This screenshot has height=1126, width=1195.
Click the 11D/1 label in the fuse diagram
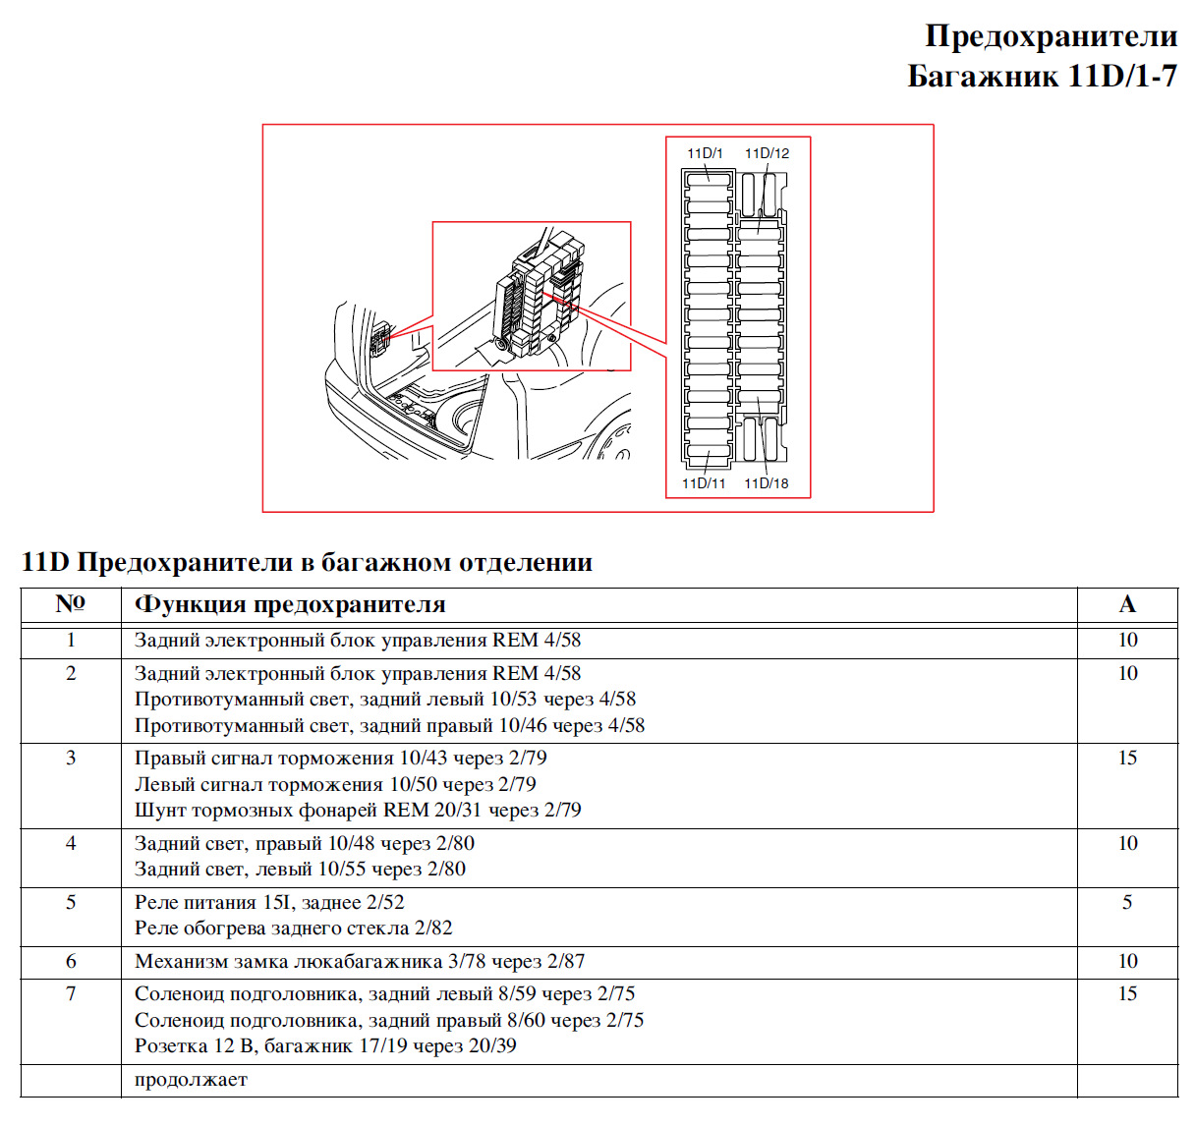[705, 153]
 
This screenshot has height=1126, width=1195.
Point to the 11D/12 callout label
[767, 153]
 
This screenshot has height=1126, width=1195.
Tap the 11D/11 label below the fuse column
[704, 483]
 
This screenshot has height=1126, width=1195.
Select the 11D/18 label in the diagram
[766, 483]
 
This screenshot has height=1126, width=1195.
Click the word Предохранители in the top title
[1051, 36]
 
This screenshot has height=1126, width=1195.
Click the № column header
[70, 603]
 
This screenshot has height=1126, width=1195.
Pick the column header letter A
[1127, 604]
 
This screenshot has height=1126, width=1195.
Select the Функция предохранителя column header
[290, 604]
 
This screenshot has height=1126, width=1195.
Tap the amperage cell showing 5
[1127, 902]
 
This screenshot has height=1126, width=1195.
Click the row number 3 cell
[71, 758]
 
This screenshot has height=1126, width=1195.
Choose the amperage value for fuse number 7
[1127, 993]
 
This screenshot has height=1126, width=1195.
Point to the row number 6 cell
[71, 961]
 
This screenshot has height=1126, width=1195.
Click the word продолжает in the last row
[191, 1079]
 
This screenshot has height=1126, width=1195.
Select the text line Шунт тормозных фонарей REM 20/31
[358, 811]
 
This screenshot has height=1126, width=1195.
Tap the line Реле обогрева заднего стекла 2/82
[293, 929]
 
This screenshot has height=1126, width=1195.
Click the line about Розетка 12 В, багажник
[325, 1046]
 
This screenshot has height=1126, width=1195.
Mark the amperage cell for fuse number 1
[1127, 640]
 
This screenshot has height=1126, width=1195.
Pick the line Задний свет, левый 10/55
[300, 870]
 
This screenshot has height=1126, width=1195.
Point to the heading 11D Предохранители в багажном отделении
[307, 562]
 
